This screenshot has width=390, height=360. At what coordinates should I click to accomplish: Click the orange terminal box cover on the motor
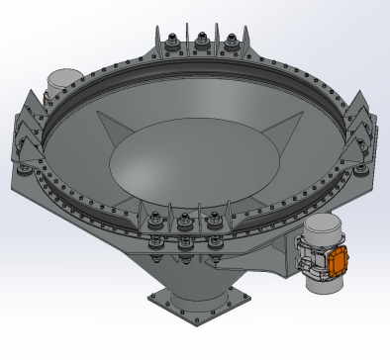339,259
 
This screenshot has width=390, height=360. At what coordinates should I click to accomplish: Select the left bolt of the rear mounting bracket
173,41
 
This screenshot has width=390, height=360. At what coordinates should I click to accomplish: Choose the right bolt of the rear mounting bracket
232,42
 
